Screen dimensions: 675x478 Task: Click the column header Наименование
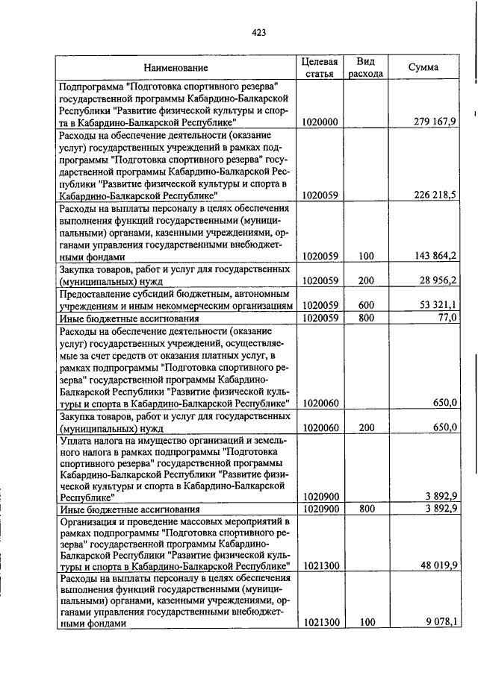[x=177, y=68]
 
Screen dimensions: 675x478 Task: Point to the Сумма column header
[x=423, y=68]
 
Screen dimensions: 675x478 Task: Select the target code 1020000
[x=320, y=122]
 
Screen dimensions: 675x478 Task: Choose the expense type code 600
[x=365, y=306]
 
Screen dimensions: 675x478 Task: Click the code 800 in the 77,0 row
[x=365, y=318]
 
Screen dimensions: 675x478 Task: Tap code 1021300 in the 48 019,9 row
[x=320, y=565]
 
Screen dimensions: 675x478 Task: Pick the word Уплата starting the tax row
[x=76, y=440]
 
